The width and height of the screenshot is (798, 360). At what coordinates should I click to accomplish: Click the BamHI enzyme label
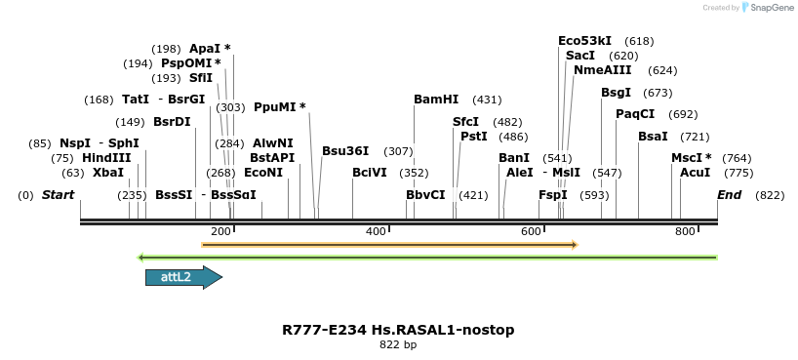coord(435,100)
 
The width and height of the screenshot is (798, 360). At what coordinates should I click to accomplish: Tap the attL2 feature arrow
coord(183,278)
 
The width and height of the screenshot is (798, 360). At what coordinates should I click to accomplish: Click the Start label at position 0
coord(58,195)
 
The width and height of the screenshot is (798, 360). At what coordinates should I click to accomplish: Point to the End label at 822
coord(729,195)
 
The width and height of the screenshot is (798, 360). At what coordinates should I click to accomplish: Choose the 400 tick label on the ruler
coord(376,231)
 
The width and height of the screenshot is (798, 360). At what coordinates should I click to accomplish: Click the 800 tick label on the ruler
coord(685,231)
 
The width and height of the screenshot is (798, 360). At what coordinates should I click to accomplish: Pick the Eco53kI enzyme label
coord(584,41)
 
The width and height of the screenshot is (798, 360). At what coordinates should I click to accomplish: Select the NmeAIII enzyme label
coord(602,70)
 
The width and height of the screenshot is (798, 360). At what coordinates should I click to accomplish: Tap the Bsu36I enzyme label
coord(345,151)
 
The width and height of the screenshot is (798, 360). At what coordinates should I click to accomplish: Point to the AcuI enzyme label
coord(695,173)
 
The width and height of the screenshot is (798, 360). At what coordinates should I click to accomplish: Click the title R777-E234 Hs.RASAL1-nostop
coord(398,330)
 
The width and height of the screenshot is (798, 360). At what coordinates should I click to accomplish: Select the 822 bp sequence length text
coord(398,344)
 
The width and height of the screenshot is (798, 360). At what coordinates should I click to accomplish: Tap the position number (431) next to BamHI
coord(487,100)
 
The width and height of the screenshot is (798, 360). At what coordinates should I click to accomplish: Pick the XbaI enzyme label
coord(108,173)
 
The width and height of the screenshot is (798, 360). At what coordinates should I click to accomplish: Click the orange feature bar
coord(389,244)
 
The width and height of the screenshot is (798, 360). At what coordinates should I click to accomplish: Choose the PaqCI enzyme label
coord(635,114)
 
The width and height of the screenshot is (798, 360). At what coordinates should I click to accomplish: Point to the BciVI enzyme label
coord(370,173)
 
